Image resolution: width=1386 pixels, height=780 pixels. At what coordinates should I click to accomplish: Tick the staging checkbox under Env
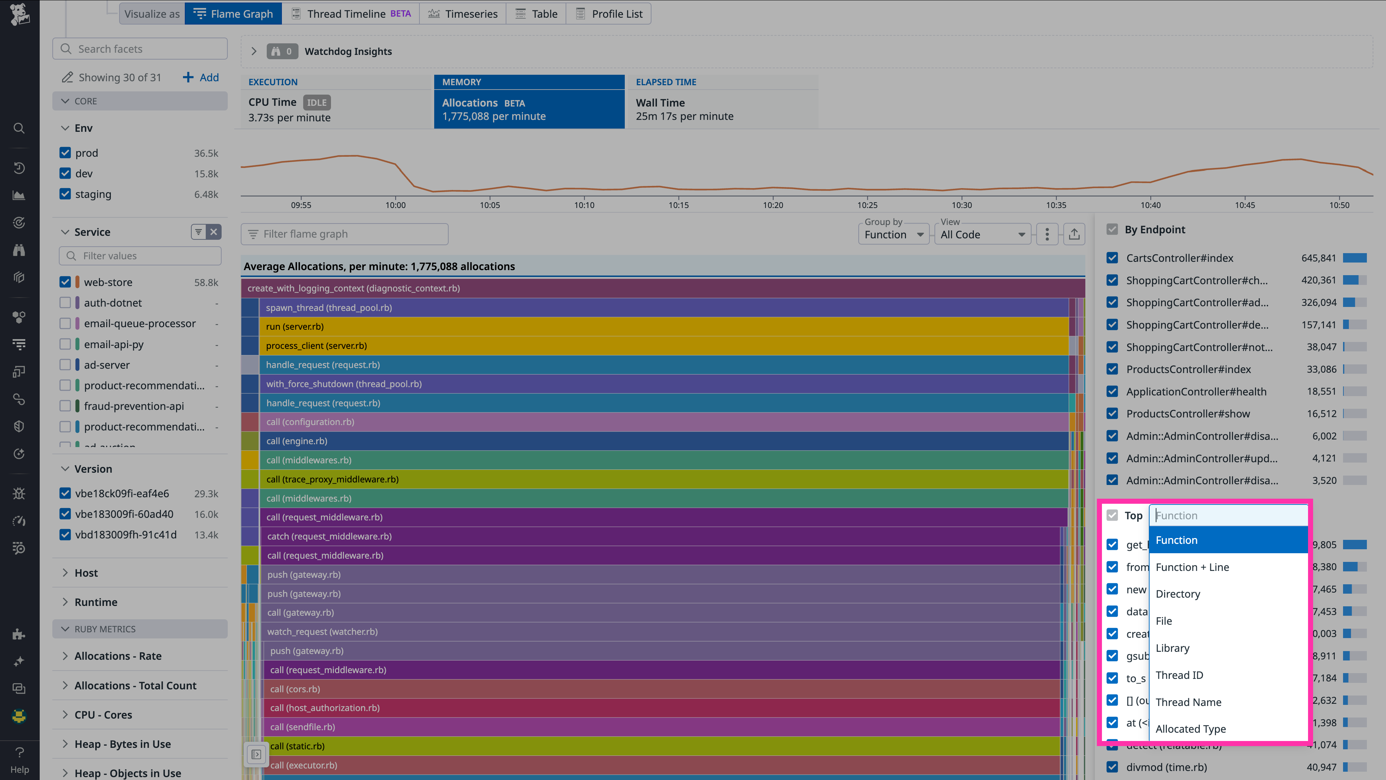65,194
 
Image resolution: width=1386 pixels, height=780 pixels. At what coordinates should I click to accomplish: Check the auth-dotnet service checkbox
65,303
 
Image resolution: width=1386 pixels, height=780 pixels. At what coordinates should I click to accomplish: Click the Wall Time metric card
722,109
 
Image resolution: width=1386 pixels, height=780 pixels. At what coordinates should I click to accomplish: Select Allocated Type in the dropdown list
1190,729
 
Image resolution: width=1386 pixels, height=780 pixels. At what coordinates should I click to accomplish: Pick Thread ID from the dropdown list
1179,675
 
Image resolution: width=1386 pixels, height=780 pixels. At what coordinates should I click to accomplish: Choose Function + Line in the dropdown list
1192,567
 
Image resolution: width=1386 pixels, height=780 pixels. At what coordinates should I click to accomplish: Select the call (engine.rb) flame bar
646,441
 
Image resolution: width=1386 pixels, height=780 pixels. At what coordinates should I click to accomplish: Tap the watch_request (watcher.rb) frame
646,632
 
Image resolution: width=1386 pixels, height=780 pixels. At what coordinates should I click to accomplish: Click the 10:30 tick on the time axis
962,204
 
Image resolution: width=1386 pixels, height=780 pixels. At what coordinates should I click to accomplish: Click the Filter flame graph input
344,234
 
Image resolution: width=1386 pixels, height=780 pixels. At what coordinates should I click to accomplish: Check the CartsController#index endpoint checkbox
1112,258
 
